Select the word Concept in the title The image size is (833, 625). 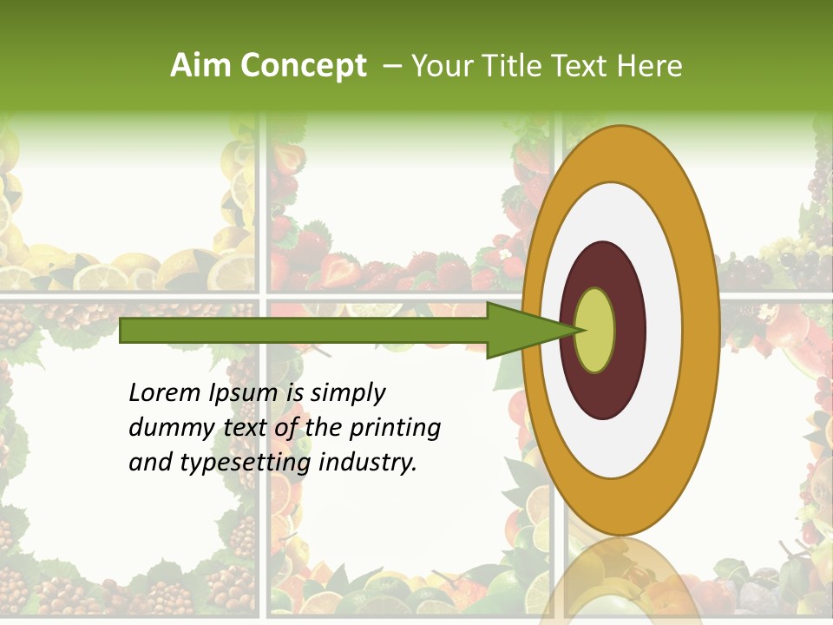click(x=304, y=66)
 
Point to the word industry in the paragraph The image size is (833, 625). click(x=368, y=463)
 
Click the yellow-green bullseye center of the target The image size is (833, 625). click(x=594, y=331)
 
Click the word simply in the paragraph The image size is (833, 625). click(x=347, y=393)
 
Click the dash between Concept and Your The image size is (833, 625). click(x=391, y=66)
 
